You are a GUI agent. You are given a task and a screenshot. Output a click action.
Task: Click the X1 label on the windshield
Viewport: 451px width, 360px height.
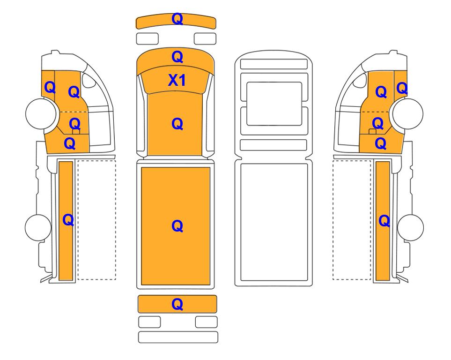[x=177, y=80]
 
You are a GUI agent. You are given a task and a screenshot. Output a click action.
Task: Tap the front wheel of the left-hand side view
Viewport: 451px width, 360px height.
[x=41, y=113]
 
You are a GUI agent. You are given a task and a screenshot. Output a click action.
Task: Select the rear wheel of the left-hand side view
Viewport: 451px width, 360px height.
[x=38, y=227]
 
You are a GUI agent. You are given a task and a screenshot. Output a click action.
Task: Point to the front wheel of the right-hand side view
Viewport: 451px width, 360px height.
[x=408, y=113]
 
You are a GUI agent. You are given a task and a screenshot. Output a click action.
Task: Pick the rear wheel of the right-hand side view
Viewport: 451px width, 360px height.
[x=410, y=227]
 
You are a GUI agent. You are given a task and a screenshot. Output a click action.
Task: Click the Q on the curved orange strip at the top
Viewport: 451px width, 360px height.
[x=177, y=19]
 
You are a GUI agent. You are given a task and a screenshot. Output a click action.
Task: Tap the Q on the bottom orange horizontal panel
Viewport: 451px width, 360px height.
[x=177, y=304]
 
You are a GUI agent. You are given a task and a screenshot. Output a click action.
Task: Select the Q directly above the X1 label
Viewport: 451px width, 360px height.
[x=177, y=57]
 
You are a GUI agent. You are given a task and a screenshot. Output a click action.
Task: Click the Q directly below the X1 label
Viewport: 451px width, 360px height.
[x=177, y=124]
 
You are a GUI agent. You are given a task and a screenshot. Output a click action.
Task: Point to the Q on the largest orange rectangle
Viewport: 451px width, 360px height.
[x=177, y=226]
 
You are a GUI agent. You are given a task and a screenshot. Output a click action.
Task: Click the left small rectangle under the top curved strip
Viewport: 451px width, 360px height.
[x=147, y=38]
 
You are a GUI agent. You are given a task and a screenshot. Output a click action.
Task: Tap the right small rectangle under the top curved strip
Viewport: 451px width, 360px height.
[x=205, y=38]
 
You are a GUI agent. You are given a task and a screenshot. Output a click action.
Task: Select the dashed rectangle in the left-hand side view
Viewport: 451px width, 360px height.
[x=97, y=220]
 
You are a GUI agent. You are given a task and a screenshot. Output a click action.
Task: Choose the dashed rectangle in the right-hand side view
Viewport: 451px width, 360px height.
[x=352, y=220]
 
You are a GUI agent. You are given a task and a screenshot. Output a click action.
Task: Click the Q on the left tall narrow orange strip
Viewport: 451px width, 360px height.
[x=68, y=220]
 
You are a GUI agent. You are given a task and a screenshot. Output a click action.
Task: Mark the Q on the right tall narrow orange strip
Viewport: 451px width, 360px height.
[x=384, y=221]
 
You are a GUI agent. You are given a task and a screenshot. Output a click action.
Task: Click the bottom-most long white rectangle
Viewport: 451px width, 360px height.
[x=178, y=337]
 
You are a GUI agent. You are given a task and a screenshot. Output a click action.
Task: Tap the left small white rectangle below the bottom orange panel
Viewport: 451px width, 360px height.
[x=149, y=322]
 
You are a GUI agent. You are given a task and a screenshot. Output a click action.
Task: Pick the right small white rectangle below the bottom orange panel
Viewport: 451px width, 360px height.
[x=206, y=322]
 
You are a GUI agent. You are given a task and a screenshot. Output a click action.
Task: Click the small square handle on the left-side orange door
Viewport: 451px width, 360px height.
[x=76, y=132]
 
